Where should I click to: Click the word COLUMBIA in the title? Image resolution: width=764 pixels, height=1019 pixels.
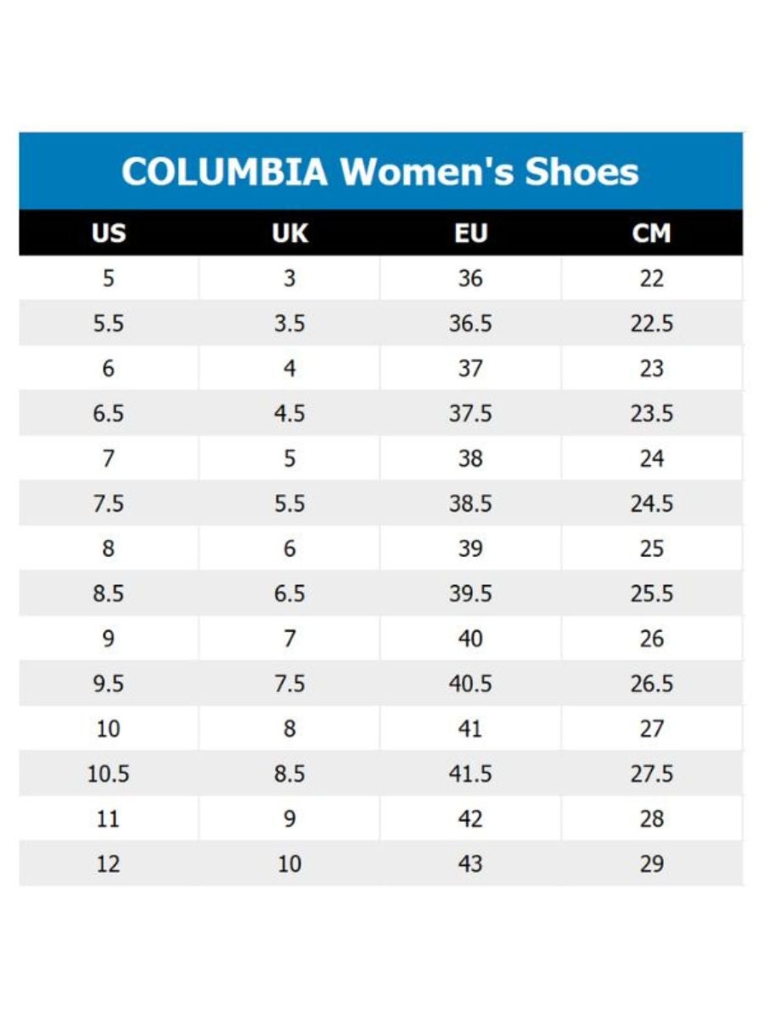point(224,172)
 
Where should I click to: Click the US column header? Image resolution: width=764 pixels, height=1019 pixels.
point(109,233)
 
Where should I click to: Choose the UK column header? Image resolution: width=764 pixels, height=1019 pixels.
point(289,233)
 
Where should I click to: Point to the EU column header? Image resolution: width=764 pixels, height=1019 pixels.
point(471,233)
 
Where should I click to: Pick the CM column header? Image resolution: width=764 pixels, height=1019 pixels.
point(651,233)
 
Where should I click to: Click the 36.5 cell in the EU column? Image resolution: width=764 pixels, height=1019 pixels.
point(470,324)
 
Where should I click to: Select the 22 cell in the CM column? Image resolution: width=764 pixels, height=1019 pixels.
point(651,279)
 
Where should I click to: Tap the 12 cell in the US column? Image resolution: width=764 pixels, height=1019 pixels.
point(108,864)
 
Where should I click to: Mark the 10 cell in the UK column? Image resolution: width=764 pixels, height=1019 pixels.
point(289,864)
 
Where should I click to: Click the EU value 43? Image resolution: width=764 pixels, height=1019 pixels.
point(470,864)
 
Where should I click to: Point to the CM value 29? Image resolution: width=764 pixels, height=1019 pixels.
point(651,864)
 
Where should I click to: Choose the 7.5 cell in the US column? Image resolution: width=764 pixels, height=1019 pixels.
point(108,504)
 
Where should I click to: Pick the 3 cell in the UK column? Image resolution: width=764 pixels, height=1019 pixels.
point(289,279)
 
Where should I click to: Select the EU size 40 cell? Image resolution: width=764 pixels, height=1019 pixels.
point(470,639)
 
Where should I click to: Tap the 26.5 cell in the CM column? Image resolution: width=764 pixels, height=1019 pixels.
point(651,684)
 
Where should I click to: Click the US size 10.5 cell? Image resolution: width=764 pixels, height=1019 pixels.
point(108,774)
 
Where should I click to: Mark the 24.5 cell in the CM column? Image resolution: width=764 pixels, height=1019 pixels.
point(651,504)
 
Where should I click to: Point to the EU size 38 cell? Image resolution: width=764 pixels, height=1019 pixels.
point(470,459)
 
